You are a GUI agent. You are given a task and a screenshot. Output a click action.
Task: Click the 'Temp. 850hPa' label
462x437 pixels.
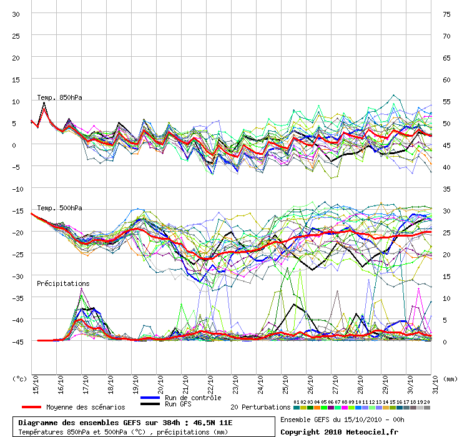[59, 97]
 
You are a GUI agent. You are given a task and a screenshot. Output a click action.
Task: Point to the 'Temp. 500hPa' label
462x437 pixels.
[59, 208]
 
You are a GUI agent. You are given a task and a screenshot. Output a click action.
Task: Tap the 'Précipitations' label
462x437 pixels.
[62, 283]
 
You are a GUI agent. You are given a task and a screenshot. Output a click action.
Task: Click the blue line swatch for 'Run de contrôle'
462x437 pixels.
[150, 398]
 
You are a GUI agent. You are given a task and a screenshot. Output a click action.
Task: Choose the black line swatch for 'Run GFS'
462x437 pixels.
[150, 405]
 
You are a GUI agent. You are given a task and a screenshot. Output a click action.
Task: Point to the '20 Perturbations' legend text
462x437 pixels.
[260, 407]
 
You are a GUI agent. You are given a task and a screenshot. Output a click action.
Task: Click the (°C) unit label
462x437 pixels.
[19, 378]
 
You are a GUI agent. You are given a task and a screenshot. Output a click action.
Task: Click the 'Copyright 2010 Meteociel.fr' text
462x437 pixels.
[339, 431]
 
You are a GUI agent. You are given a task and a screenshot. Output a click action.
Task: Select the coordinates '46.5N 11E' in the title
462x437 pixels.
[215, 423]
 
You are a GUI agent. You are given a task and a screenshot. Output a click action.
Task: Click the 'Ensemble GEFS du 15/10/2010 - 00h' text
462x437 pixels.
[342, 419]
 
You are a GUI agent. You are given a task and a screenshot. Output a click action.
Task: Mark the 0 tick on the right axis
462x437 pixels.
[445, 341]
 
